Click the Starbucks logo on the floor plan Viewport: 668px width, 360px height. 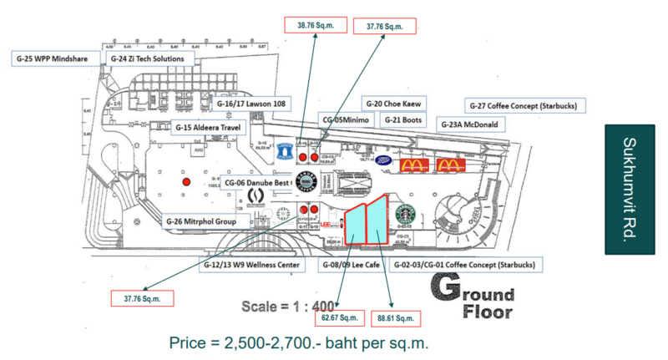405,215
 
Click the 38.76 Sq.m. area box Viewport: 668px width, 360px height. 311,26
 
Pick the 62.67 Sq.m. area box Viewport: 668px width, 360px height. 339,317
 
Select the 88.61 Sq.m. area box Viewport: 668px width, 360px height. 394,318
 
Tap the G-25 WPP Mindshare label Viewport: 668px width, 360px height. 55,58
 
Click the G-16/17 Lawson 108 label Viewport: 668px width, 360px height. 251,104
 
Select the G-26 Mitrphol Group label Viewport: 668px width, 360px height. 208,221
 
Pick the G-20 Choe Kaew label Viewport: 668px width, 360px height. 395,104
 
